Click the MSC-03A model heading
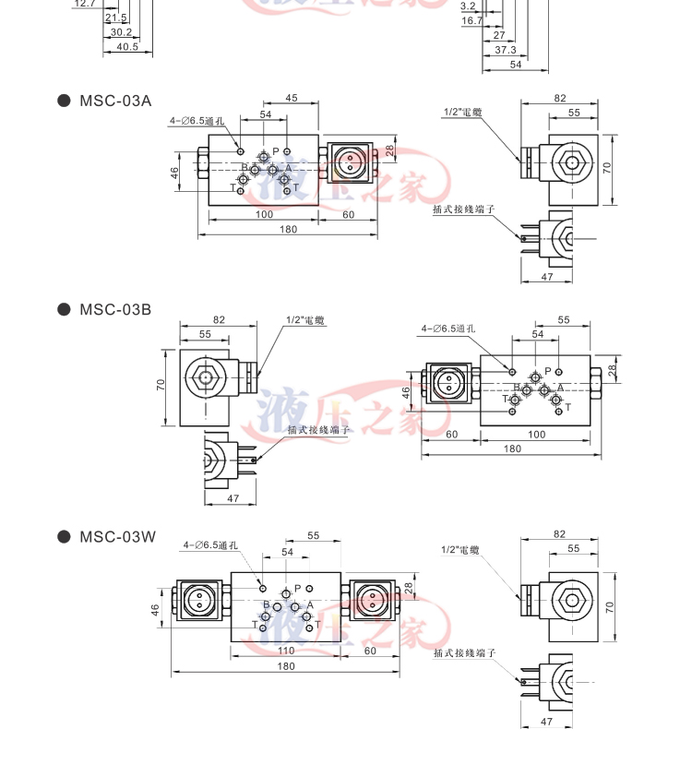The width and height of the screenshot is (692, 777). [x=114, y=101]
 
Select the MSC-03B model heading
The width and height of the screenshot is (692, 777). [x=114, y=309]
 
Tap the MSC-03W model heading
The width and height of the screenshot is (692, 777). [x=117, y=536]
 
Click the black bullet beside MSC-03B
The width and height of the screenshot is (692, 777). [x=64, y=309]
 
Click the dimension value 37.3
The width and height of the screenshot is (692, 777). [x=505, y=50]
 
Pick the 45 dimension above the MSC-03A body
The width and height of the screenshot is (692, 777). [x=291, y=98]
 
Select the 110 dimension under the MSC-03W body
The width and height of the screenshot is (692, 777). [x=285, y=651]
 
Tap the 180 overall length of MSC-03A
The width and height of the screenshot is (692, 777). [x=288, y=229]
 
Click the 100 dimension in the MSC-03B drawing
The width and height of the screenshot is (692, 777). [x=536, y=434]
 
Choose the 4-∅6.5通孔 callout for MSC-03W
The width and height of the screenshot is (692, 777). [x=209, y=545]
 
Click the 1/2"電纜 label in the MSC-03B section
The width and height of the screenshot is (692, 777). [x=305, y=320]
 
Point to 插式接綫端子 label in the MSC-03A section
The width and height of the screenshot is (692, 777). [x=464, y=209]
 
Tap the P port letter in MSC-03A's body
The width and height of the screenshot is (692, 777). [x=275, y=151]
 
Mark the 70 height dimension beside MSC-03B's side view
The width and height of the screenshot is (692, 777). [x=160, y=385]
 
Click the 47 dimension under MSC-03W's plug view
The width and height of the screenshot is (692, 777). [x=545, y=722]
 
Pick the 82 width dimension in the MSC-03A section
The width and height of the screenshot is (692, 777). [x=560, y=98]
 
